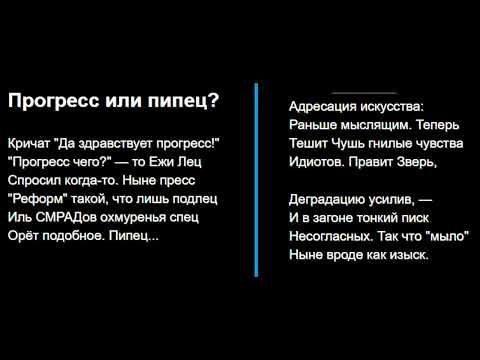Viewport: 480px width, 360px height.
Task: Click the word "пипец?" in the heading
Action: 186,101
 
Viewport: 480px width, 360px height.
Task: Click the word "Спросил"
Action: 32,179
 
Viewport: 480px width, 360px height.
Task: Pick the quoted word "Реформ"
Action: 35,198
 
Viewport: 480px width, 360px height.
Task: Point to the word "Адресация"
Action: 322,105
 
